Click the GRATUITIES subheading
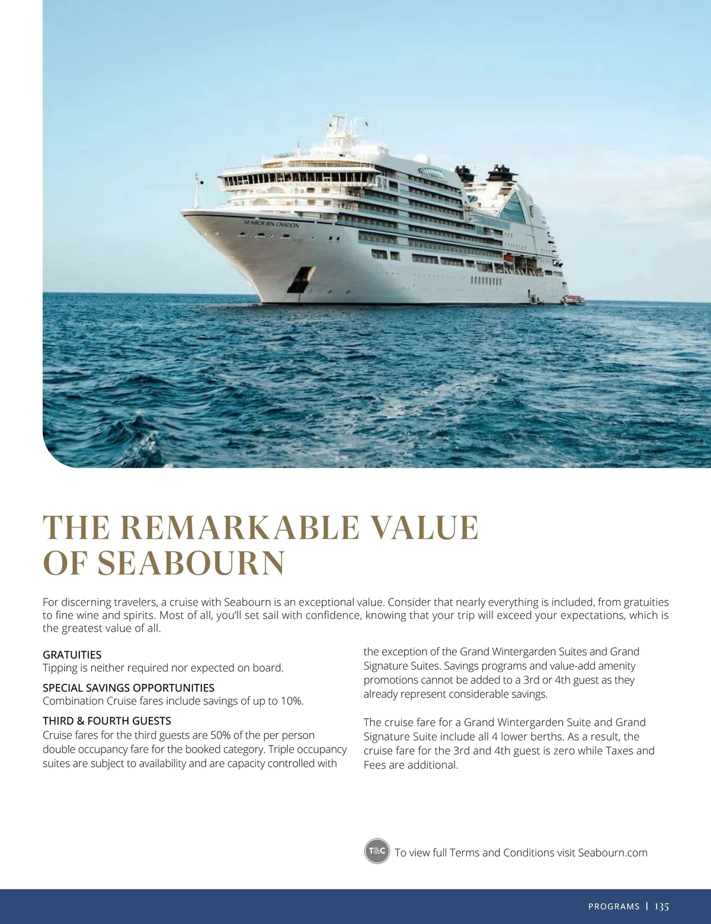pos(72,655)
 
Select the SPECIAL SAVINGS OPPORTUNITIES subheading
pos(129,688)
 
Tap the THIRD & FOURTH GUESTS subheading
pos(107,721)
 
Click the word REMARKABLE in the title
pos(239,528)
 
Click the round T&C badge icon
pos(376,852)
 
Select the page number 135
pos(662,906)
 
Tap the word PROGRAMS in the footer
pos(614,907)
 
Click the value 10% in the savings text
pos(291,701)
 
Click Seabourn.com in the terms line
pos(612,853)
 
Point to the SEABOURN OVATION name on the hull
pos(271,224)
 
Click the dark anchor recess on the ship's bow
pos(299,279)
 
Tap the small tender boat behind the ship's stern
pos(572,299)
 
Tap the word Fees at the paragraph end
pos(376,765)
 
